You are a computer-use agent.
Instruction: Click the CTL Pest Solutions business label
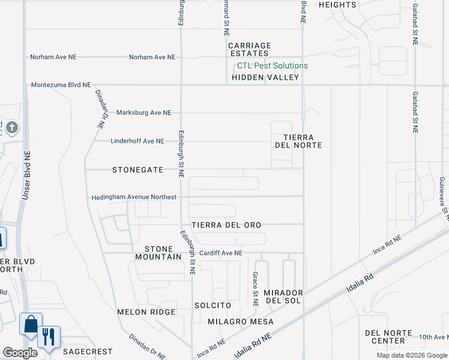point(272,65)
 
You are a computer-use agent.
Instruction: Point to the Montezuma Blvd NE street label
point(61,86)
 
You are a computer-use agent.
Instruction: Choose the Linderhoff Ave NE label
point(137,142)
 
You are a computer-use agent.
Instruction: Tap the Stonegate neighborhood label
point(137,170)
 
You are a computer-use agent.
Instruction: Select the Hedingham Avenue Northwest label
point(134,197)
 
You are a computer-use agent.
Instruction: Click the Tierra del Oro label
point(226,225)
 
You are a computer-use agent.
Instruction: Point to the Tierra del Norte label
point(303,142)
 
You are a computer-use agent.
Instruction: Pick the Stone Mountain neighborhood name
point(163,253)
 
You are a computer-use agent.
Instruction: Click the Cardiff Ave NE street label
point(221,253)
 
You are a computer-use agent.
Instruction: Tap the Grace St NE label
point(255,289)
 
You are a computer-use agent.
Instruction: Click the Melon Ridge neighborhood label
point(146,312)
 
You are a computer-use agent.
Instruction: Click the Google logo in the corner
point(19,353)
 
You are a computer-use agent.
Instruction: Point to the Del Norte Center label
point(388,337)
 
